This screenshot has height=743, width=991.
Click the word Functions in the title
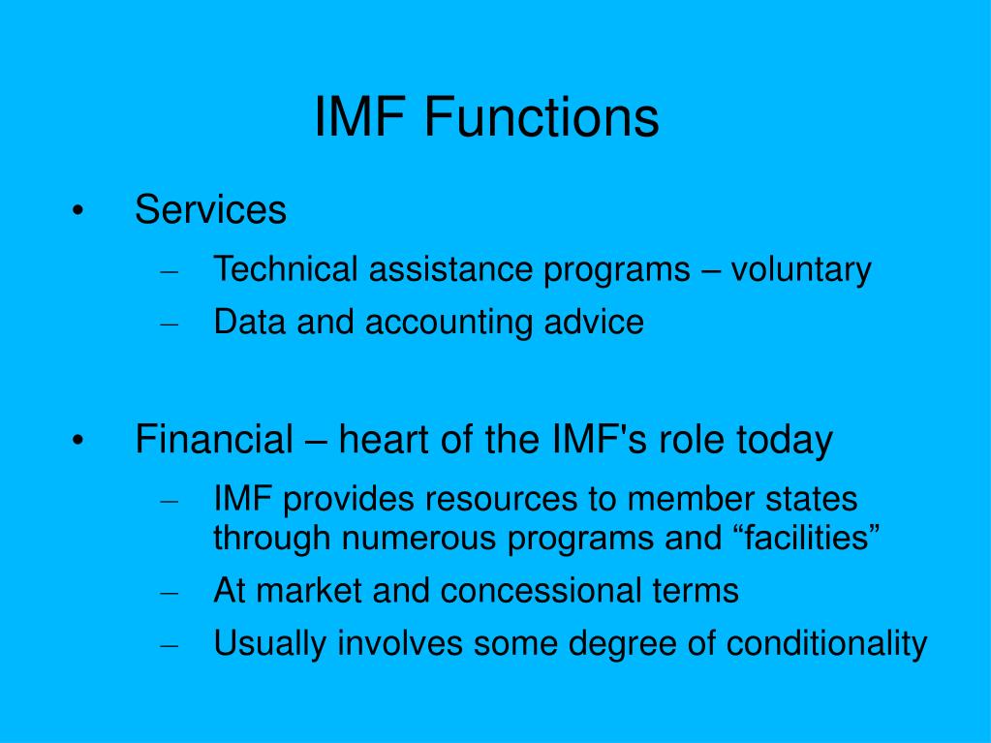click(541, 117)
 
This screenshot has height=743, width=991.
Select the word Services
click(210, 209)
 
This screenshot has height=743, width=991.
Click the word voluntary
click(801, 270)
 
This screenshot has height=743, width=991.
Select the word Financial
click(214, 440)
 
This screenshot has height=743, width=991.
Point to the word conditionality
click(827, 643)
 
